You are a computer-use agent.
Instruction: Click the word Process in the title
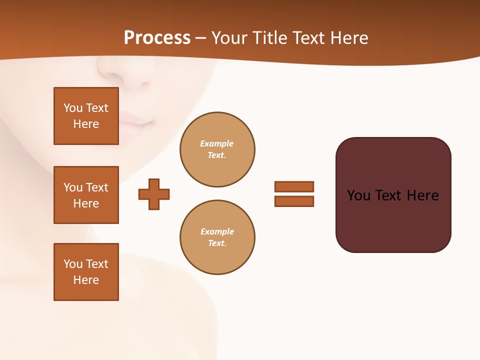click(157, 38)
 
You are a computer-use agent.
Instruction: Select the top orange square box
click(86, 116)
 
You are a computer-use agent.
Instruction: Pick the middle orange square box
click(86, 195)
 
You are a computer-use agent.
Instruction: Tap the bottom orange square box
click(86, 272)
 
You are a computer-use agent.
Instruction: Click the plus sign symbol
click(154, 194)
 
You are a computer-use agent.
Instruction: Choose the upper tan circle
click(217, 149)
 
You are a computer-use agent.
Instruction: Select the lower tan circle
click(217, 237)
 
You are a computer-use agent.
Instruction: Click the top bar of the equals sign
click(294, 186)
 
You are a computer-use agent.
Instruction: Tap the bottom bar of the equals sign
click(294, 201)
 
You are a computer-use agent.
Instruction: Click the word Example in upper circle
click(216, 143)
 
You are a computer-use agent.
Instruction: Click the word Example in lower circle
click(217, 231)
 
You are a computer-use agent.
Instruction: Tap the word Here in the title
click(349, 38)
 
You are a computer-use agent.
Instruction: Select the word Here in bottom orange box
click(86, 280)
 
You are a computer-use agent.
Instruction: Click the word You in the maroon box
click(358, 195)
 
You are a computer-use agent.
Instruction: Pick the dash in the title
click(200, 38)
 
